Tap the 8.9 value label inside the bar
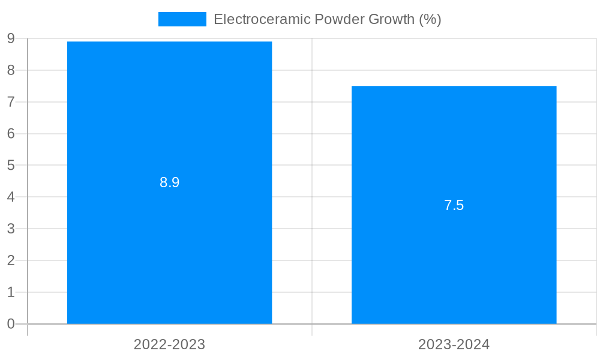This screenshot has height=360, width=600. (x=169, y=182)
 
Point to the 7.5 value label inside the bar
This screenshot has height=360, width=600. (x=454, y=205)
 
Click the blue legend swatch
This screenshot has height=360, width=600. (x=182, y=19)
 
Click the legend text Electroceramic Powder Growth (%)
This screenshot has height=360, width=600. (x=327, y=19)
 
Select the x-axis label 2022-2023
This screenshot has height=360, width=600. (x=169, y=344)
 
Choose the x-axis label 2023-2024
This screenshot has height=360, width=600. (x=454, y=344)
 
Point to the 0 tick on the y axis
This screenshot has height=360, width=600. (x=11, y=324)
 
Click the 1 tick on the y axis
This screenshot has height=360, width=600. (x=11, y=292)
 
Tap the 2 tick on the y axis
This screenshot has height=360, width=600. (x=11, y=260)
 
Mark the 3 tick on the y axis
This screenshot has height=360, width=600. (x=11, y=229)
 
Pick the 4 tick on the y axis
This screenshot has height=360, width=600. (x=11, y=197)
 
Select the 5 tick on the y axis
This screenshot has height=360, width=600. (x=11, y=165)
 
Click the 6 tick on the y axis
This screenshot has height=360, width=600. (x=11, y=133)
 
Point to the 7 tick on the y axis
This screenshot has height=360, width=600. (x=11, y=102)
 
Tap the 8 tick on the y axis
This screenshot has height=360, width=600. (x=11, y=70)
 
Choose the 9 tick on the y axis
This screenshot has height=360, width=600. (x=11, y=38)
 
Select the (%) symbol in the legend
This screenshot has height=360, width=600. (x=430, y=19)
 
